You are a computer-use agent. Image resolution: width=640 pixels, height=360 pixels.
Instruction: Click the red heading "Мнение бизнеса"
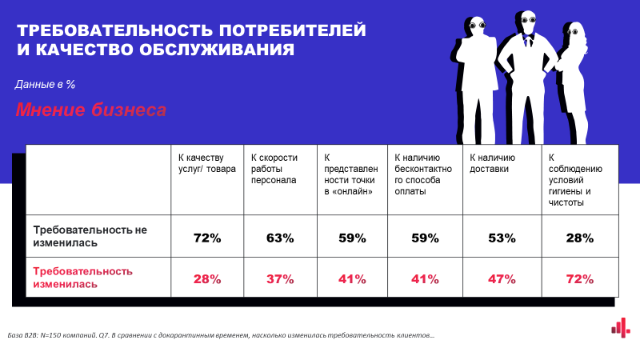[x=91, y=110]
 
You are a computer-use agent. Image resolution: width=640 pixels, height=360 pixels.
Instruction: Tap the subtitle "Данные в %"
[x=45, y=84]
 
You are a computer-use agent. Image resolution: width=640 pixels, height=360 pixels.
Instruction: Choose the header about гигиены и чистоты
[x=576, y=180]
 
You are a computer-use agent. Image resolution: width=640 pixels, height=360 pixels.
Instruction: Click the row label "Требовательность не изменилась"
[x=90, y=236]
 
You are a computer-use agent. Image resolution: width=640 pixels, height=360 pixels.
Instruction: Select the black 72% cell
[x=206, y=238]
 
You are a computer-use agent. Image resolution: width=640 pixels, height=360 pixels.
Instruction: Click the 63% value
[x=280, y=238]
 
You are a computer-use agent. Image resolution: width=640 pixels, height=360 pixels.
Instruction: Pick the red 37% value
[x=280, y=279]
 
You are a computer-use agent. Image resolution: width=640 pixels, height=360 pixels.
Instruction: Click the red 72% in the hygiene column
[x=578, y=279]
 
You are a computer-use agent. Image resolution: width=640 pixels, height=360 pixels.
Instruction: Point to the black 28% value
[x=578, y=238]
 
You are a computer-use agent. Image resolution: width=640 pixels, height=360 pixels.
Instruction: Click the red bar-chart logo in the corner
[x=617, y=326]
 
